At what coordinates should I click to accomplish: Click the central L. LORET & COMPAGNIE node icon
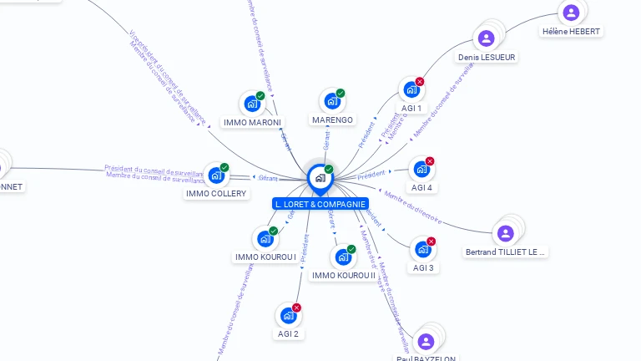tap(320, 178)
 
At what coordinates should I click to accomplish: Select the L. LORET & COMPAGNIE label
tap(320, 204)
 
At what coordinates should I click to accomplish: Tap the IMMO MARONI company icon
tap(251, 104)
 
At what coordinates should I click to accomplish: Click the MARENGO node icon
tap(332, 102)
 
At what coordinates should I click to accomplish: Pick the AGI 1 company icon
tap(411, 90)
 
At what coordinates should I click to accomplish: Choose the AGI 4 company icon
tap(421, 170)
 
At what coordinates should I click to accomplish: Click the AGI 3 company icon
tap(422, 250)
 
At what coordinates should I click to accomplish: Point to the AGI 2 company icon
tap(288, 316)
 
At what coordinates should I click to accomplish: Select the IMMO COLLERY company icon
tap(216, 175)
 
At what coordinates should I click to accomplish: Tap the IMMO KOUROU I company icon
tap(265, 239)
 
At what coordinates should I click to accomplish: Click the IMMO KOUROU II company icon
tap(343, 257)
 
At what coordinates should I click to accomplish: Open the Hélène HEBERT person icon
tap(571, 13)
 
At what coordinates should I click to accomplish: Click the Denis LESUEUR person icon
tap(487, 38)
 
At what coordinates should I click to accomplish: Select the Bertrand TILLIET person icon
tap(505, 233)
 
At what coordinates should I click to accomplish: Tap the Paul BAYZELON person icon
tap(426, 341)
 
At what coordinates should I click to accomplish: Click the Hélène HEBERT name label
tap(571, 32)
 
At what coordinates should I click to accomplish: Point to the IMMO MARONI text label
tap(252, 122)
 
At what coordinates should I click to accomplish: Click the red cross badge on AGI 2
tap(296, 308)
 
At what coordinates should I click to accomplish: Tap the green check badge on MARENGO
tap(341, 94)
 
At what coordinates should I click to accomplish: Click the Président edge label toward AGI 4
tap(371, 175)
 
